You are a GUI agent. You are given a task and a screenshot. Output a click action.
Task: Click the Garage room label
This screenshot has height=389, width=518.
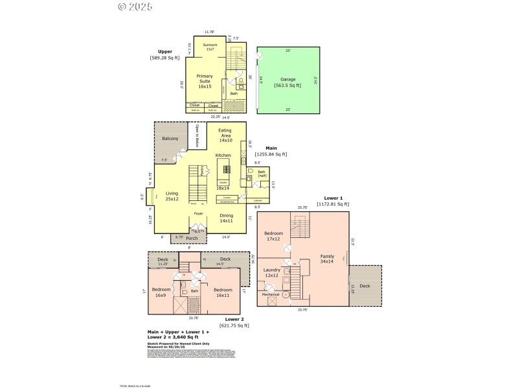[x=287, y=79]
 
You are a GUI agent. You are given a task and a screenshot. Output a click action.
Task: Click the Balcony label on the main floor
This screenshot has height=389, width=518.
[x=170, y=139]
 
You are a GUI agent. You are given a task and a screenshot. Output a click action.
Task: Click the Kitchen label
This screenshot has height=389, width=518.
[x=223, y=156]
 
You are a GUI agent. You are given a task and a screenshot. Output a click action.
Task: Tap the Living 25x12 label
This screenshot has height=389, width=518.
[x=172, y=196]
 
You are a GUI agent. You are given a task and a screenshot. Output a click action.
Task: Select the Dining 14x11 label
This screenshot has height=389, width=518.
[x=226, y=218]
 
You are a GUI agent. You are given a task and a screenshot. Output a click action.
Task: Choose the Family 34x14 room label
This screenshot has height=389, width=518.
[x=327, y=259]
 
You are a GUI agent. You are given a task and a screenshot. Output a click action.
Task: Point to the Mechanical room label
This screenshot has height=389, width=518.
[x=271, y=294]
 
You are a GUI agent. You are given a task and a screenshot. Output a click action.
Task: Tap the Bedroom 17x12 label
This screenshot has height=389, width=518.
[x=273, y=236]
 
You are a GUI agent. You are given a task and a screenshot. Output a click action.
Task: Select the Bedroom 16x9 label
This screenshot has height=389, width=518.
[x=161, y=292]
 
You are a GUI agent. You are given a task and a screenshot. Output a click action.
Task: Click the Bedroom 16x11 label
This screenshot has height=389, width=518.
[x=223, y=292]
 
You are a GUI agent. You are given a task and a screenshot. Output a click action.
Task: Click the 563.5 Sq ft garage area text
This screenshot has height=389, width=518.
[x=287, y=86]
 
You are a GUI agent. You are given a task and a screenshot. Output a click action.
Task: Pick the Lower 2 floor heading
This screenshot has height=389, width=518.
[x=234, y=319]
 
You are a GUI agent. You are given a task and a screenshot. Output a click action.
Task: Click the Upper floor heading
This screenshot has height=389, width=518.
[x=165, y=51]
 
